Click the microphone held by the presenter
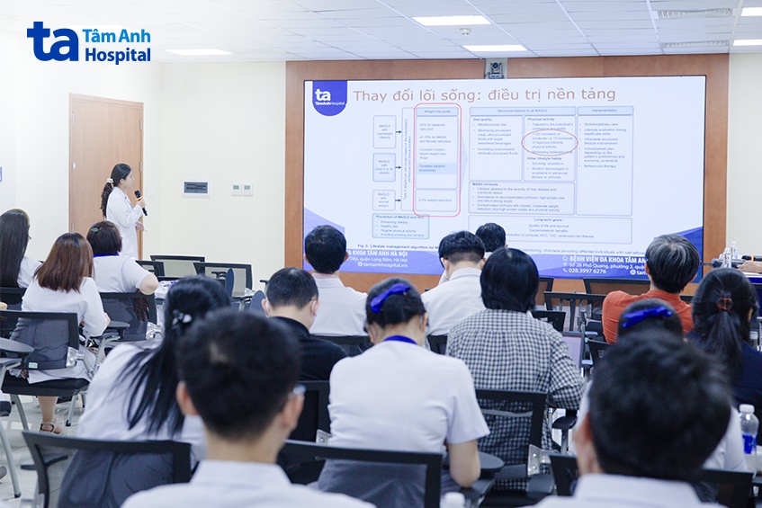tap(139, 201)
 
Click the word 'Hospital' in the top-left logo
tap(118, 55)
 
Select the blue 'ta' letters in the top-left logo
tap(52, 41)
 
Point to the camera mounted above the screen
tap(495, 68)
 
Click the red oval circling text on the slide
tap(549, 142)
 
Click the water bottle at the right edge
tap(748, 429)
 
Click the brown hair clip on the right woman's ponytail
tap(724, 303)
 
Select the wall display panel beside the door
tap(195, 188)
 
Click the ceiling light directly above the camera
tap(494, 49)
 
